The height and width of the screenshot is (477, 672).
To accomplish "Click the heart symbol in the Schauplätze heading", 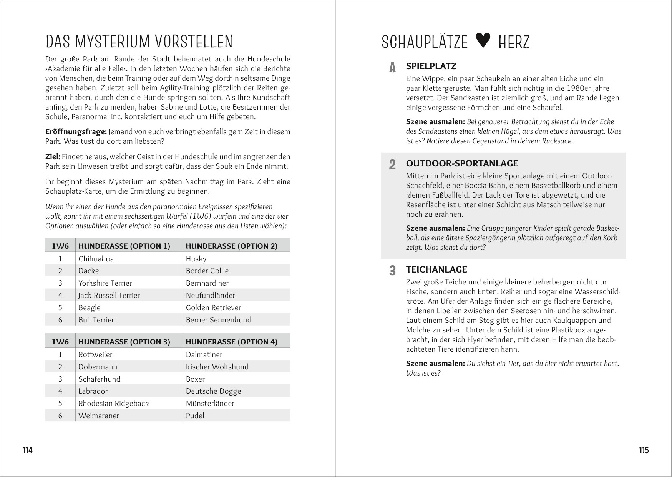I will click(483, 41).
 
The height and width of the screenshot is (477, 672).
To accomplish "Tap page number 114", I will click(27, 450).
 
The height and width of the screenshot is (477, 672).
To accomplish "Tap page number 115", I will click(644, 450).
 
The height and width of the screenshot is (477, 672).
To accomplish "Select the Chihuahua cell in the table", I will click(96, 259).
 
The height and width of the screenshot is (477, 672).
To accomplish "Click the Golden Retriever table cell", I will click(213, 307).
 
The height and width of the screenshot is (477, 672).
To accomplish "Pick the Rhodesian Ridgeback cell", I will click(113, 403).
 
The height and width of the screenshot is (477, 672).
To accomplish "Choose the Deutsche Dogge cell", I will click(213, 391).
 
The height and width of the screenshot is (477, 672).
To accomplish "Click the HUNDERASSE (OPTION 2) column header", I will click(231, 246).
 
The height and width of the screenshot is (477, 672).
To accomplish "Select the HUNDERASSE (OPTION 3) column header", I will click(124, 342).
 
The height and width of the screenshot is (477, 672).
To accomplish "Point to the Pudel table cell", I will click(195, 416).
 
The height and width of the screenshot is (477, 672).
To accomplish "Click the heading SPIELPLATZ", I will click(431, 66).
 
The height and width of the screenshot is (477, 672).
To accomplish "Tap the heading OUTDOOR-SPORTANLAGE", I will click(462, 163).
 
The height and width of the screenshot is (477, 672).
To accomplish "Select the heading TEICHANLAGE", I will click(436, 269).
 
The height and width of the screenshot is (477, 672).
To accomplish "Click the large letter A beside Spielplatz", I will click(392, 68).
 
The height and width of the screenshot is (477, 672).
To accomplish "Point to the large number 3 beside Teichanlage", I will click(392, 271).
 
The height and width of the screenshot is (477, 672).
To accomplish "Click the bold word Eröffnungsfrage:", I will click(76, 132).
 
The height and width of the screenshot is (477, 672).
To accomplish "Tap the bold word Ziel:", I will click(53, 157).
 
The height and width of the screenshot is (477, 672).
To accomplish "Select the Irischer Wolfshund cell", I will click(217, 367).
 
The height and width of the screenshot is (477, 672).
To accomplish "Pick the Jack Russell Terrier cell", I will click(109, 295).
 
